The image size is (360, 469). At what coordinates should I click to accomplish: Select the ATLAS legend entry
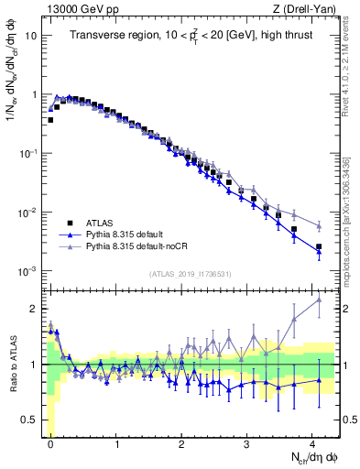(96, 223)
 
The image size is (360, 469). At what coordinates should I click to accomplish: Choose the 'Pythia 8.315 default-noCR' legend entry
(135, 246)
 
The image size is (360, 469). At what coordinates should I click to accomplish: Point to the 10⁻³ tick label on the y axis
(27, 271)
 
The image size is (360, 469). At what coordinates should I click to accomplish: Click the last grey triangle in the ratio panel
(319, 300)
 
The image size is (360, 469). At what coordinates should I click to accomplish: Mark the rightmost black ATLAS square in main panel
(319, 247)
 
